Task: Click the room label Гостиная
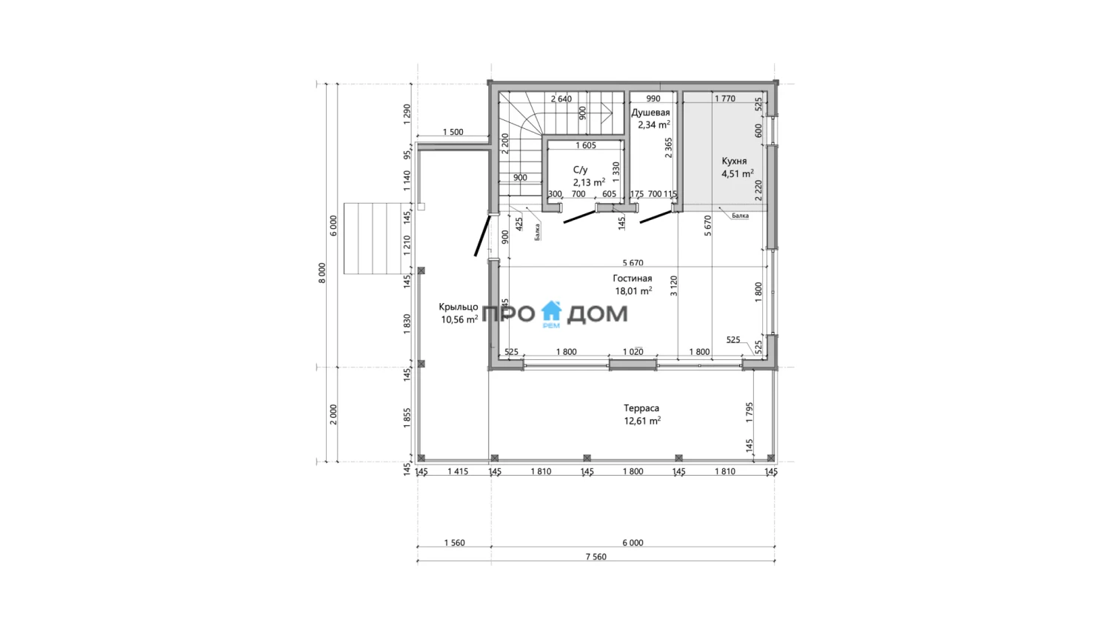[x=633, y=279]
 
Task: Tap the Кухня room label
[x=734, y=162]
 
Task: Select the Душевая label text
[x=650, y=113]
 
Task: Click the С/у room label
[x=580, y=170]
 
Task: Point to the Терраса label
[x=641, y=408]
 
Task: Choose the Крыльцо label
[x=458, y=307]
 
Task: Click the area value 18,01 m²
[x=633, y=290]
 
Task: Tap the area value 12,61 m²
[x=642, y=421]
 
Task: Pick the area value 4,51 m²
[x=738, y=173]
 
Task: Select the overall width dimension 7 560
[x=595, y=556]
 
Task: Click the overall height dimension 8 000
[x=322, y=273]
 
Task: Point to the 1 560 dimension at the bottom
[x=454, y=542]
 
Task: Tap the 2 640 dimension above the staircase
[x=561, y=99]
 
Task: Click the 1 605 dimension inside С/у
[x=586, y=145]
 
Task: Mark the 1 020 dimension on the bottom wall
[x=633, y=352]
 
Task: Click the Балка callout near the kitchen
[x=740, y=216]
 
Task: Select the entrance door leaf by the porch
[x=482, y=235]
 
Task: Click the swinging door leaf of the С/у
[x=579, y=217]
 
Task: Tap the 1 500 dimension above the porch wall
[x=453, y=132]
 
